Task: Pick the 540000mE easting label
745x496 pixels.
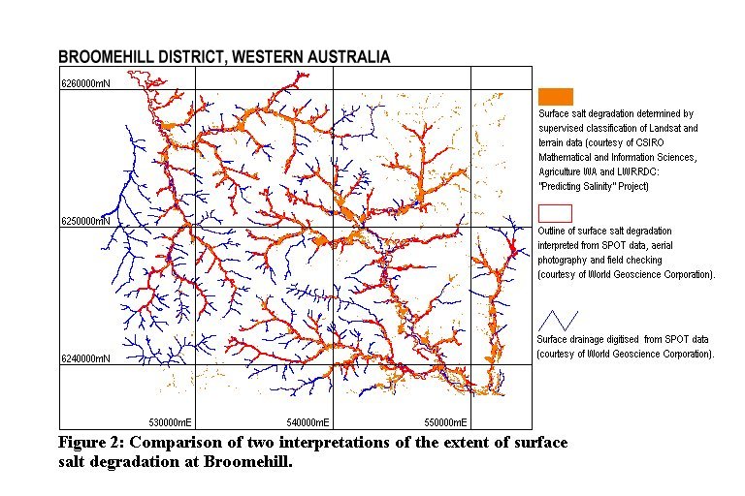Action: click(x=307, y=422)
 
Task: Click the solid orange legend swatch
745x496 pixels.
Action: click(x=555, y=96)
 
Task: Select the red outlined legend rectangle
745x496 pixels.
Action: click(x=555, y=213)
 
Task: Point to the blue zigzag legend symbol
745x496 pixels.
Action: click(x=559, y=320)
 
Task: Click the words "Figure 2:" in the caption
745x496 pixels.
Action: click(x=91, y=443)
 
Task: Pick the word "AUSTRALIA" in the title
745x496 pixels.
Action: click(x=342, y=57)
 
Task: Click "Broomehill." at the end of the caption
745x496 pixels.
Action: click(x=247, y=461)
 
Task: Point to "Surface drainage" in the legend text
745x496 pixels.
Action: click(x=572, y=340)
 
